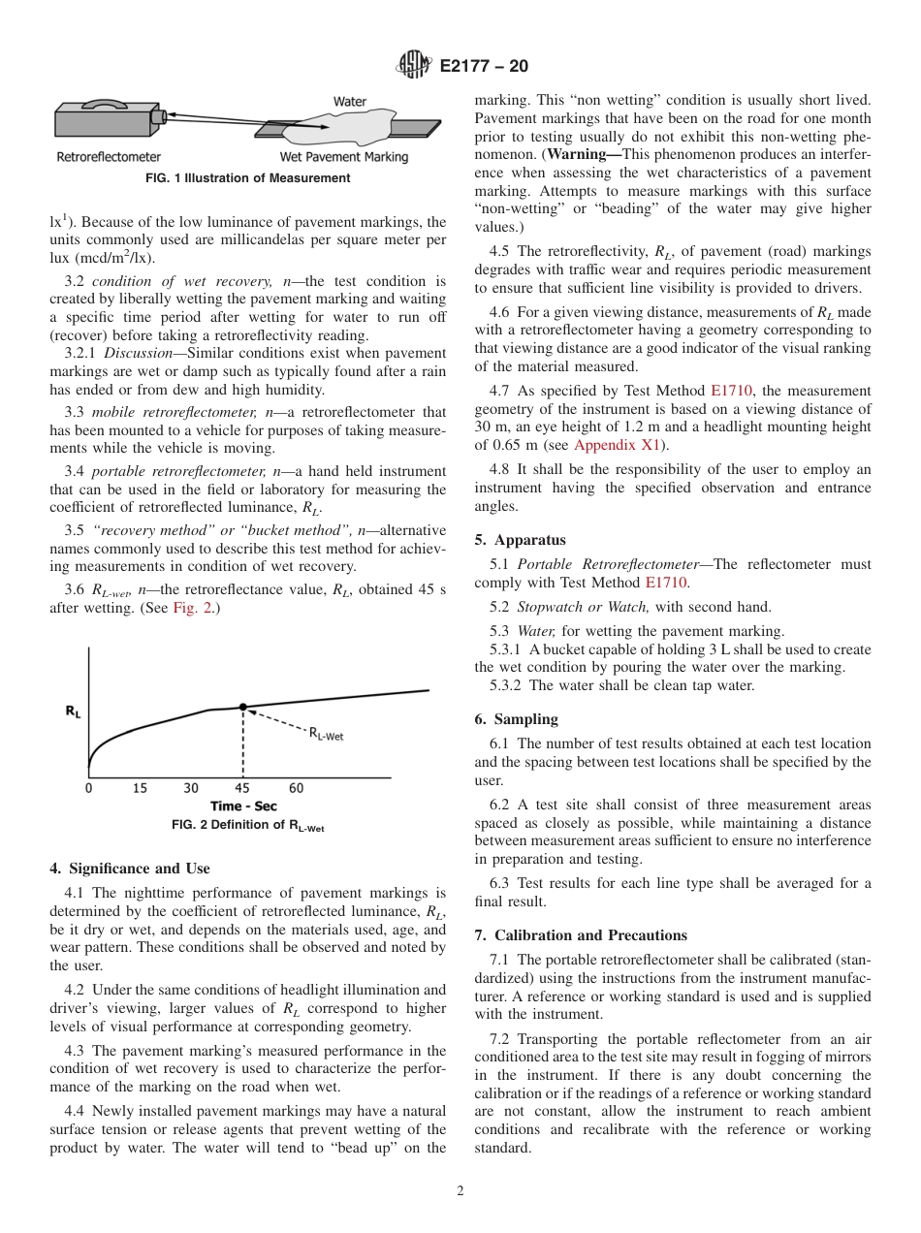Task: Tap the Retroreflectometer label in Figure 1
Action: [109, 156]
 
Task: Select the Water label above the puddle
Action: [349, 101]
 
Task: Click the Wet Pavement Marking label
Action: [343, 156]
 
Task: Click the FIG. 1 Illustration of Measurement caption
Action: [247, 178]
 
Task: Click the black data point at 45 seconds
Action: [242, 708]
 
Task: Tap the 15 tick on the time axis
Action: [140, 788]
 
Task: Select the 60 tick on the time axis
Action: [296, 788]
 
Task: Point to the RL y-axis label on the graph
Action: [73, 711]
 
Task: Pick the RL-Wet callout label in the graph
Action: [326, 735]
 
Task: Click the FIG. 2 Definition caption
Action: [247, 825]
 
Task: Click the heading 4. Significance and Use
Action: [129, 869]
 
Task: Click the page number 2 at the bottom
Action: [460, 1191]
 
